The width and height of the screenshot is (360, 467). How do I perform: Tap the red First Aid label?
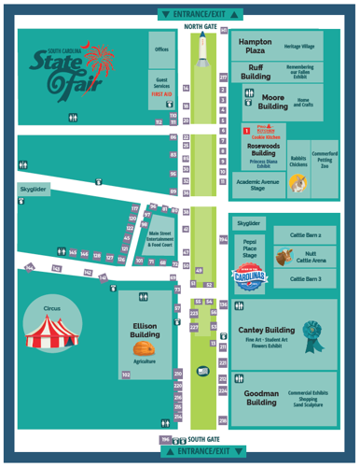[160, 94]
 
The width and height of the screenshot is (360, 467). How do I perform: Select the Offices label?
[160, 50]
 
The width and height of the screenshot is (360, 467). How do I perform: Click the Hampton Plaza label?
[255, 47]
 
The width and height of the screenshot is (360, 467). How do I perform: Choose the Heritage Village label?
[299, 46]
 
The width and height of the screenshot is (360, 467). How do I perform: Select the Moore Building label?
[272, 101]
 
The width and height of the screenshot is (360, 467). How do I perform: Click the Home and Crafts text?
[303, 102]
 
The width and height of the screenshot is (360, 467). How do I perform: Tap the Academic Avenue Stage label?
[258, 184]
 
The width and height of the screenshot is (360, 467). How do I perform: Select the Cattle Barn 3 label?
[305, 278]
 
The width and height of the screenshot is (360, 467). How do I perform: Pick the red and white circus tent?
[47, 334]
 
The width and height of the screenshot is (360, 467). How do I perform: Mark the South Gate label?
[203, 438]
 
